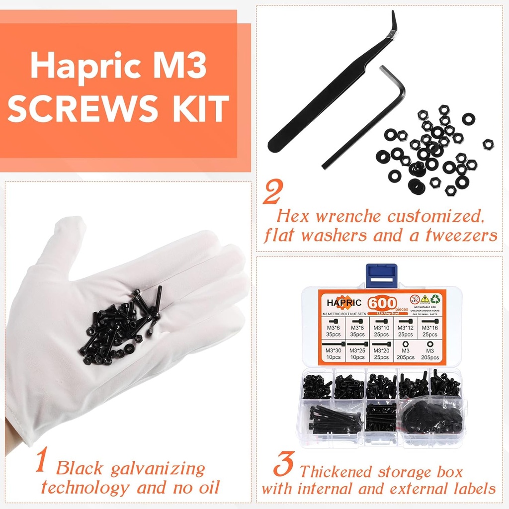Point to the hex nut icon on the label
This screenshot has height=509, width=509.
405,343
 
